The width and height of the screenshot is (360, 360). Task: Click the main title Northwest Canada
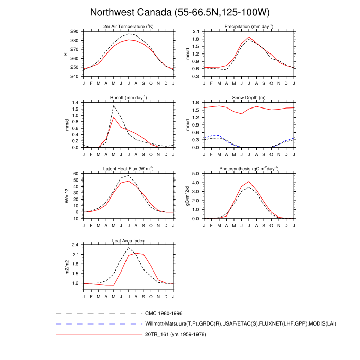[x=179, y=12]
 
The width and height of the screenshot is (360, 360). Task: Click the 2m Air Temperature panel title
[x=129, y=27]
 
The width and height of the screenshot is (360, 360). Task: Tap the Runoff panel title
[x=129, y=98]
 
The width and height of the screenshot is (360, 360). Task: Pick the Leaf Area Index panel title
[x=129, y=240]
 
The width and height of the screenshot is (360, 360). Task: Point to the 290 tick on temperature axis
[x=75, y=32]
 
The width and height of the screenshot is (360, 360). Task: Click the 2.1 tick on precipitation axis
[x=196, y=32]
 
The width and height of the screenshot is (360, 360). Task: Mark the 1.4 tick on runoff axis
[x=75, y=103]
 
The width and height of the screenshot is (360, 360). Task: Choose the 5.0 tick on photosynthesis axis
[x=196, y=174]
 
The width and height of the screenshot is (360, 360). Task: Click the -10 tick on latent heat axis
[x=75, y=219]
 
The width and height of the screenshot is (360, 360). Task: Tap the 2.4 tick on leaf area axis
[x=75, y=245]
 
